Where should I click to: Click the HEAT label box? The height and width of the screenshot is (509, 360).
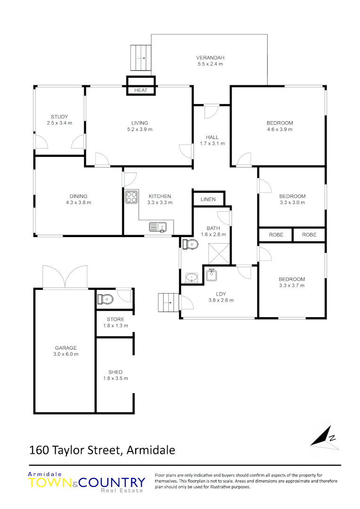pos(140,90)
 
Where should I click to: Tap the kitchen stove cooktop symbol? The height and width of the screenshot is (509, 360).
pos(131,197)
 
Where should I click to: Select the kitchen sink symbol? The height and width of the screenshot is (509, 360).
pos(157,227)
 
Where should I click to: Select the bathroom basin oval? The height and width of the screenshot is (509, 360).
pos(192,277)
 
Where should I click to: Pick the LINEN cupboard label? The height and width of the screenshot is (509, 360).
pos(208,199)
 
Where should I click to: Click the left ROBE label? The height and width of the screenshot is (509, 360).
pos(276,235)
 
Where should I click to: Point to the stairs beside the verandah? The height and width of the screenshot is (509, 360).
pos(141,58)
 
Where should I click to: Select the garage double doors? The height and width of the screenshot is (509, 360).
pos(65,277)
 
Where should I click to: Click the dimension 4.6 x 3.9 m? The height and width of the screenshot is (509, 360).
pos(279,129)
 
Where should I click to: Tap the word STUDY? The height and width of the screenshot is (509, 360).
pos(59,117)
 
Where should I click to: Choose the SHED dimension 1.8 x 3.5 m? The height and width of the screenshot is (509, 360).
pos(115,378)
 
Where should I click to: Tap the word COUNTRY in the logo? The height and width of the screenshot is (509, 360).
pos(112,483)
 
